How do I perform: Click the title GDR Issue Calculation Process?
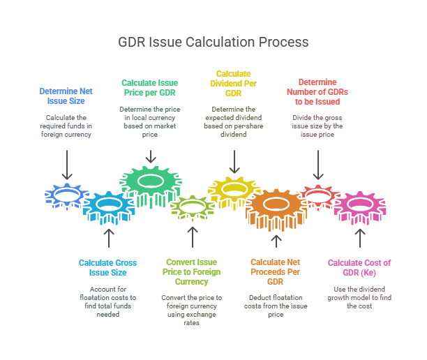tap(213, 42)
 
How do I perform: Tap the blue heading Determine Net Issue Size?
tap(66, 96)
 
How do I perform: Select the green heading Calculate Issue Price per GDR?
tap(149, 87)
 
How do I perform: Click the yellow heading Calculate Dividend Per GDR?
tap(234, 82)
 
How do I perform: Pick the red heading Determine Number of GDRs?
tap(317, 91)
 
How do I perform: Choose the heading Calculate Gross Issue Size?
tap(107, 267)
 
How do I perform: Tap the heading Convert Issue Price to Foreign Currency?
tap(192, 272)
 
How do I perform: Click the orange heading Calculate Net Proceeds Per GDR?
tap(276, 272)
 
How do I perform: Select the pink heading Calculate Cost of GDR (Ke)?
tap(359, 267)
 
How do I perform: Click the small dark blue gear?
tap(66, 196)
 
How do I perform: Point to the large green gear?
tap(149, 183)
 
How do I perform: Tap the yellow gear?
tap(234, 189)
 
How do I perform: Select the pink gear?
tap(359, 205)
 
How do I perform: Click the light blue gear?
tap(107, 205)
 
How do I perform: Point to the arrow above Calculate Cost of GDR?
tap(359, 238)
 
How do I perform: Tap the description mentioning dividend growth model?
tap(359, 297)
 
